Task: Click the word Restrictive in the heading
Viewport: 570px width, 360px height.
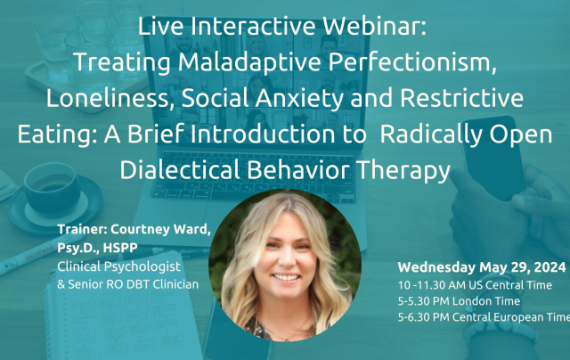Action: click(461, 98)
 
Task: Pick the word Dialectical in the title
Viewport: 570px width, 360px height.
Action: click(180, 170)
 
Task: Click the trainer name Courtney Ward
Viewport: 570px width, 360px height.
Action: click(160, 229)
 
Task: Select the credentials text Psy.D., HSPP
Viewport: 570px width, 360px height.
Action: click(97, 248)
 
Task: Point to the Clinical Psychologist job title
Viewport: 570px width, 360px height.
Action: click(118, 267)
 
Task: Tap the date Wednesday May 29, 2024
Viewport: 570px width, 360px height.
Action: click(482, 267)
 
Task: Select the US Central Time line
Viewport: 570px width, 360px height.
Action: click(475, 285)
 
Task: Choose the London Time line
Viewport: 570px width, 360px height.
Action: click(459, 301)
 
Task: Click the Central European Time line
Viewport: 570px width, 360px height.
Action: click(484, 317)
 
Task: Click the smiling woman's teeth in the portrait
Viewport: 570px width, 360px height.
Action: click(286, 277)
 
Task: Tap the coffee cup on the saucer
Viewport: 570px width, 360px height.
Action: click(52, 189)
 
